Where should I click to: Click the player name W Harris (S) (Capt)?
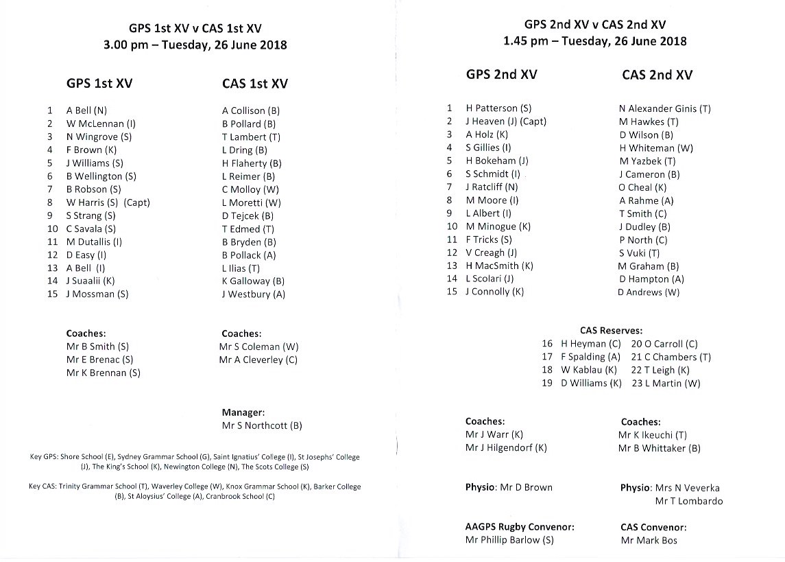(x=108, y=202)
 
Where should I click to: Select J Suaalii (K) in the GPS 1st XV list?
(x=90, y=281)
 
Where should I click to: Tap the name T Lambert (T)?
(x=251, y=137)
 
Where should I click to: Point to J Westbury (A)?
(x=253, y=294)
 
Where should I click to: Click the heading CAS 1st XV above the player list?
(x=255, y=84)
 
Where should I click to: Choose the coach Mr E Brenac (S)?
(x=99, y=360)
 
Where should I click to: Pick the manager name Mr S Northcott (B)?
(x=261, y=425)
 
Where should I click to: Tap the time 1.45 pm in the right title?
(x=527, y=40)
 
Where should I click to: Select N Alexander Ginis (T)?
(x=664, y=108)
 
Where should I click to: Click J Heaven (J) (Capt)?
(x=506, y=121)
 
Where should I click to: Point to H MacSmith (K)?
(x=499, y=266)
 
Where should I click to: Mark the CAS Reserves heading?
(x=611, y=330)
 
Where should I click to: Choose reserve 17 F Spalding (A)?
(x=590, y=357)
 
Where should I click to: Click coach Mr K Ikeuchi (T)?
(x=652, y=435)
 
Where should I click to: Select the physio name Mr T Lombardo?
(x=688, y=501)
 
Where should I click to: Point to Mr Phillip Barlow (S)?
(x=509, y=540)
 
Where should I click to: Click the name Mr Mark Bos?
(x=649, y=540)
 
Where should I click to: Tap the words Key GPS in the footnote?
(x=42, y=457)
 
